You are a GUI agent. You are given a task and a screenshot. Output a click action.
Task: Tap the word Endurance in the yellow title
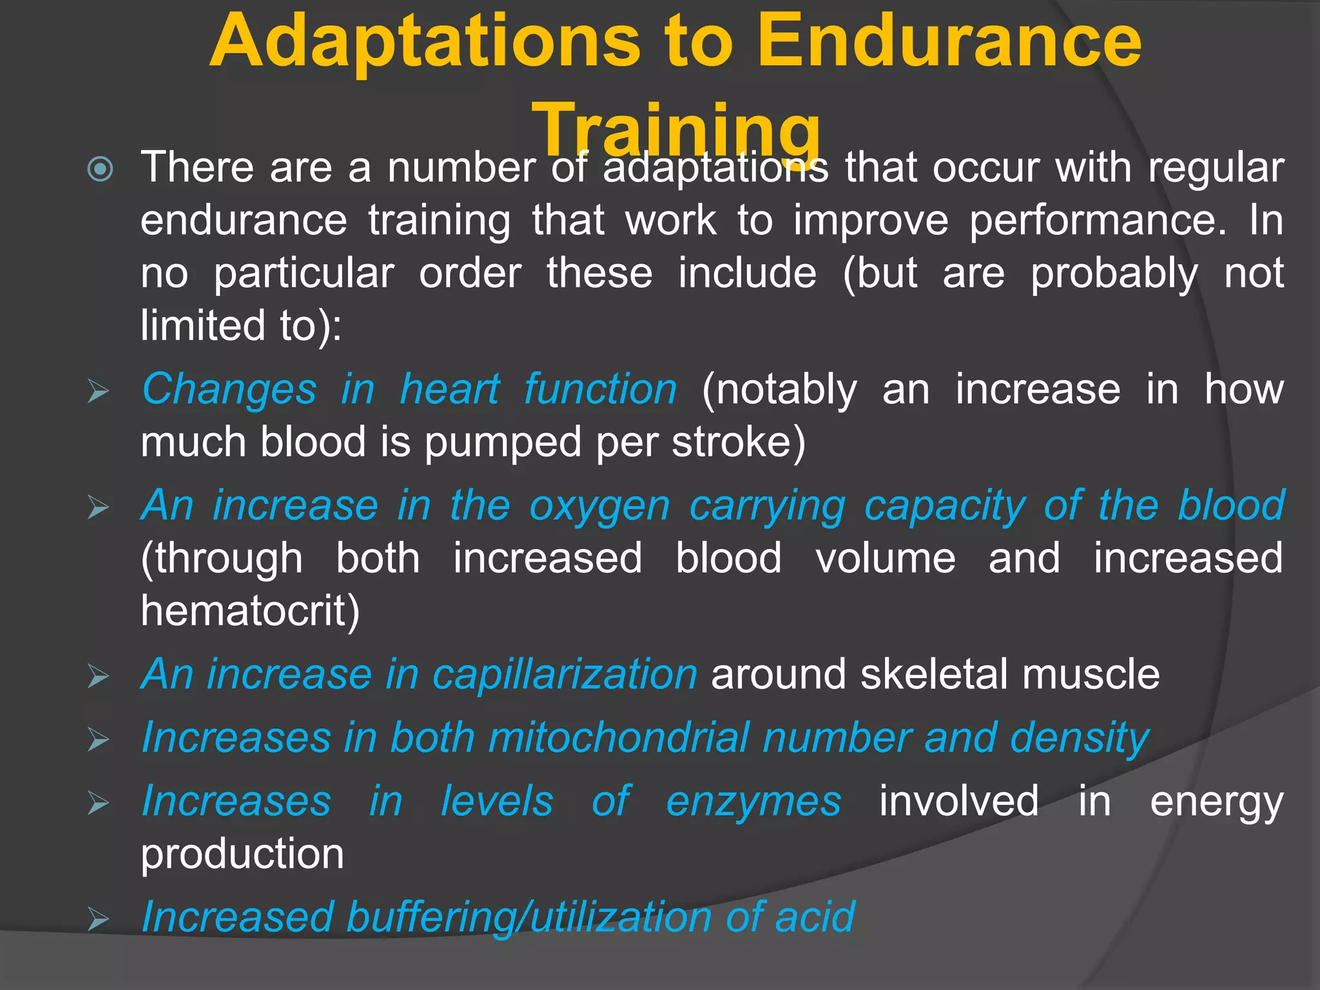coord(949,42)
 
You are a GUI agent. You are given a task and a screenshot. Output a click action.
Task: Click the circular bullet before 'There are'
coord(101,170)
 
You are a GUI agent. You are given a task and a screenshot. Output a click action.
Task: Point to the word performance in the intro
coord(1098,221)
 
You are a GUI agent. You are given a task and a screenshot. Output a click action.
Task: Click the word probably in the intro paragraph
coord(1114,274)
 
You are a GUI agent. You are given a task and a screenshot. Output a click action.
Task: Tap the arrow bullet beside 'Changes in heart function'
coord(99,391)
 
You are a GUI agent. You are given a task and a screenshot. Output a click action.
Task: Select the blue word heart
coord(449,390)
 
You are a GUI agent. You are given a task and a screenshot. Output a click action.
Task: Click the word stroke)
coord(739,443)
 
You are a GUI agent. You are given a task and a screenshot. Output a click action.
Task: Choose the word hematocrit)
coord(250,611)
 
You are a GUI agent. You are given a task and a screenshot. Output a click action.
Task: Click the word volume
coord(886,558)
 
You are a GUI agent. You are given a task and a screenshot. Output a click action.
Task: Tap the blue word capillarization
coord(565,675)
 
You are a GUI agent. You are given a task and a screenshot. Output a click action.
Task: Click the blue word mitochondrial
coord(618,737)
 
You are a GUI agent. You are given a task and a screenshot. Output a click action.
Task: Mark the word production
coord(242,855)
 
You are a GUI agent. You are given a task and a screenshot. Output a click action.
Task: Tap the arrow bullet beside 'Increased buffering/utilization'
coord(99,919)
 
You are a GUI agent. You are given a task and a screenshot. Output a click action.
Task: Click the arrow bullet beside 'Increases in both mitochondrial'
coord(99,740)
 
